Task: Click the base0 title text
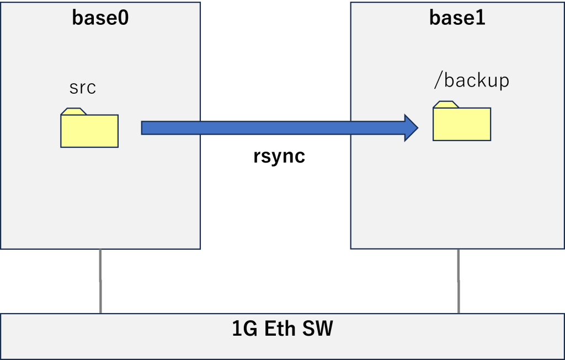100,18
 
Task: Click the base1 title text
457,18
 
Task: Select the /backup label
472,81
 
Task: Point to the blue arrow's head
411,128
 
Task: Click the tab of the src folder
73,111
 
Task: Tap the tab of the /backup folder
446,104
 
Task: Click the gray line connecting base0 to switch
100,281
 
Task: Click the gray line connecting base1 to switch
459,281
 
